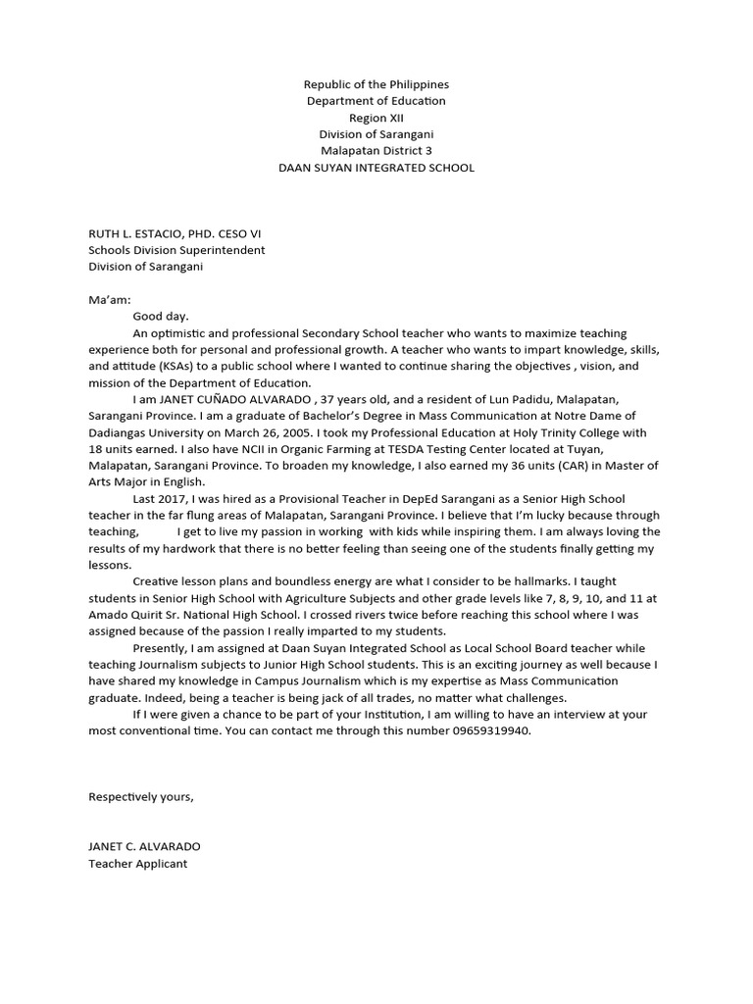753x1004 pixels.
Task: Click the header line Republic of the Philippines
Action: pos(376,85)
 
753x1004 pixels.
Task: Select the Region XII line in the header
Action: pos(376,118)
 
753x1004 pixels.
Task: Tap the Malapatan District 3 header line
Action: pos(376,151)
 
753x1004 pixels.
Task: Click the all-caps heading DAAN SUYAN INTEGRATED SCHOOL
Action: pos(376,168)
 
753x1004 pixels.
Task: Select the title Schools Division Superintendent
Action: pos(176,250)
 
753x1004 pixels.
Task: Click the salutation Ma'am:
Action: pos(109,300)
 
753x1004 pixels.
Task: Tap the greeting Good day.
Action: pos(161,317)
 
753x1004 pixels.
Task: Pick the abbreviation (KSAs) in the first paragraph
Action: pos(176,367)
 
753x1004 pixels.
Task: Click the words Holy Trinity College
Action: pos(546,432)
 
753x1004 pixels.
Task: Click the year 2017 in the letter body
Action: pos(176,499)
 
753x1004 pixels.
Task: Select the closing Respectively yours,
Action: pos(141,796)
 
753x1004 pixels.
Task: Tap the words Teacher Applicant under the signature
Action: pos(137,863)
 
